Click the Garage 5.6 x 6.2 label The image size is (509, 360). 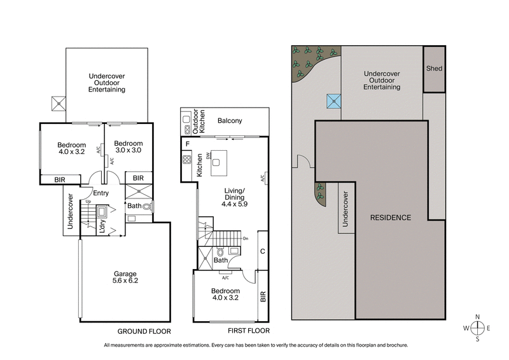[x=125, y=277]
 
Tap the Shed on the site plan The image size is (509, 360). [x=434, y=69]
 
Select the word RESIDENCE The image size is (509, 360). [x=391, y=218]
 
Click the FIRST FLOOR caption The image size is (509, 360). [x=248, y=331]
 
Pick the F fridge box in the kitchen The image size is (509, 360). [x=188, y=144]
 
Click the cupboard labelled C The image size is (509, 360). [x=262, y=251]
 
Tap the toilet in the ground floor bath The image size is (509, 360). [x=146, y=206]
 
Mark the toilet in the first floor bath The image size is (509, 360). [x=221, y=251]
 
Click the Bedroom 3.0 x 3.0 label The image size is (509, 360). [x=128, y=148]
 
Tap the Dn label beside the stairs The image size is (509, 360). [x=246, y=239]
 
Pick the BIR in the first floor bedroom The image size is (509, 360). [x=262, y=296]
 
